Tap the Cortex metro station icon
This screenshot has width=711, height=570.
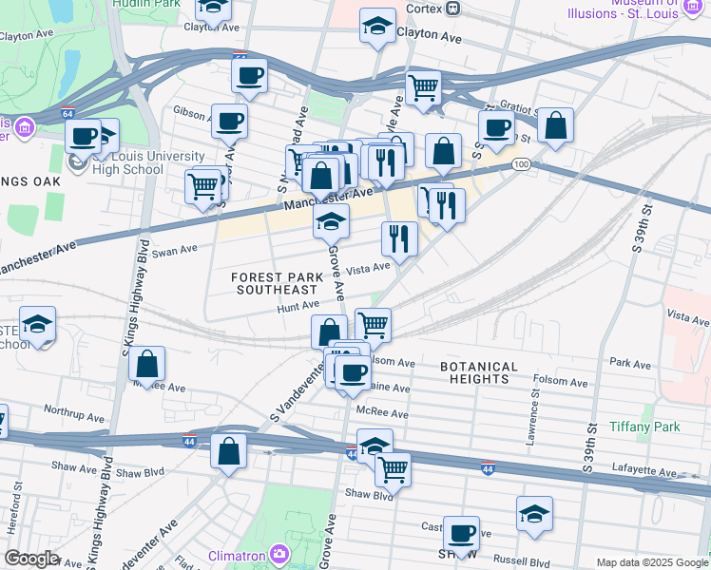pos(452,9)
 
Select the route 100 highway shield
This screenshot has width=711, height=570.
pos(520,164)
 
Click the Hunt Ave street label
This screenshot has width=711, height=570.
pos(298,306)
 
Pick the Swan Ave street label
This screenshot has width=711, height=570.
pos(174,252)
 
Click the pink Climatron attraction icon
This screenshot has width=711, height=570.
pos(279,553)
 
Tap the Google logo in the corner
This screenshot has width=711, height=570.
pos(31,559)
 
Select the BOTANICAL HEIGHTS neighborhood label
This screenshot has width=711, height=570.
pos(479,372)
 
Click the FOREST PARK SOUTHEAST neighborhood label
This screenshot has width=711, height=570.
pos(275,282)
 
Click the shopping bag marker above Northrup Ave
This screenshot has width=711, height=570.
pos(147,362)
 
